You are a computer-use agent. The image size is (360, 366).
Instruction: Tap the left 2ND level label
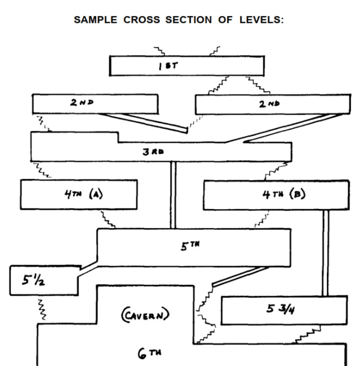point(81,103)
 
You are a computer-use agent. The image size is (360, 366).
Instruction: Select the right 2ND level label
point(271,104)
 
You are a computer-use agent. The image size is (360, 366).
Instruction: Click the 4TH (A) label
point(83,194)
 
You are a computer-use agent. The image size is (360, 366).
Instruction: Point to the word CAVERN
point(145,315)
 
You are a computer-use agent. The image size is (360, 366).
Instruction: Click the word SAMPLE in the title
point(96,20)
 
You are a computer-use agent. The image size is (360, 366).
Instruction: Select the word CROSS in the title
point(142,20)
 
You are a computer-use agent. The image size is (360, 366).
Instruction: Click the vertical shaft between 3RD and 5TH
point(173,195)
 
